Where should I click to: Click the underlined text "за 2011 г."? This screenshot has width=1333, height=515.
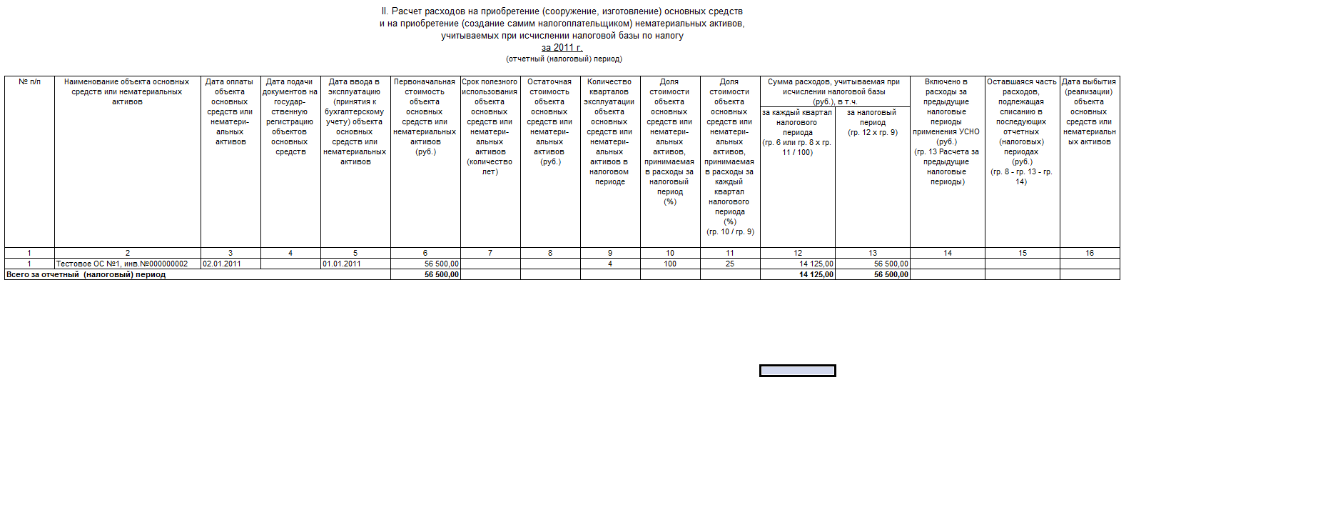click(562, 48)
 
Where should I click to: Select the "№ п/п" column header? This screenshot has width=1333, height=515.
click(29, 82)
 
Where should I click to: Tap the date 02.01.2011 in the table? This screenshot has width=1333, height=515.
click(222, 264)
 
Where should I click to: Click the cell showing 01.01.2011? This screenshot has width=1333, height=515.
click(342, 264)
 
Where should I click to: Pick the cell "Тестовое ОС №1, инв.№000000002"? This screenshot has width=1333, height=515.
click(122, 264)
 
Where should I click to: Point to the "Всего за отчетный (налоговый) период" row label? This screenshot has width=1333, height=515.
click(86, 275)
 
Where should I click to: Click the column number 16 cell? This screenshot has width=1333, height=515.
click(1090, 253)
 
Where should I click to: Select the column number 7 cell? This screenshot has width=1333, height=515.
click(490, 253)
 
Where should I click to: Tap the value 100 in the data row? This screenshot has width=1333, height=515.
click(670, 264)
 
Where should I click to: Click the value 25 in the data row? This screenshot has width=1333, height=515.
click(730, 264)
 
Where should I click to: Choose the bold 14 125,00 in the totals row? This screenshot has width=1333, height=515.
click(816, 275)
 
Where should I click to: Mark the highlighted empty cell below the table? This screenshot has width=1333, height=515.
click(797, 371)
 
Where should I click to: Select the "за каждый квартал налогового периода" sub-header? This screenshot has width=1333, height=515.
click(797, 132)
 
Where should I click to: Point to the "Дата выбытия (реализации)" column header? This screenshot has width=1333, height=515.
click(1089, 111)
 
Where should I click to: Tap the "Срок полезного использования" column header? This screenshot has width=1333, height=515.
click(490, 126)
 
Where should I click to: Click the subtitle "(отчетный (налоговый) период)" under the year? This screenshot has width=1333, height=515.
click(564, 59)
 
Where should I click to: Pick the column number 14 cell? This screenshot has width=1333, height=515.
click(948, 253)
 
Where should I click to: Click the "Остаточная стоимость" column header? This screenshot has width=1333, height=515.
click(549, 121)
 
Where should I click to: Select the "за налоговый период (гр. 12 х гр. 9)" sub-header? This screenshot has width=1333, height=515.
click(872, 122)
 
